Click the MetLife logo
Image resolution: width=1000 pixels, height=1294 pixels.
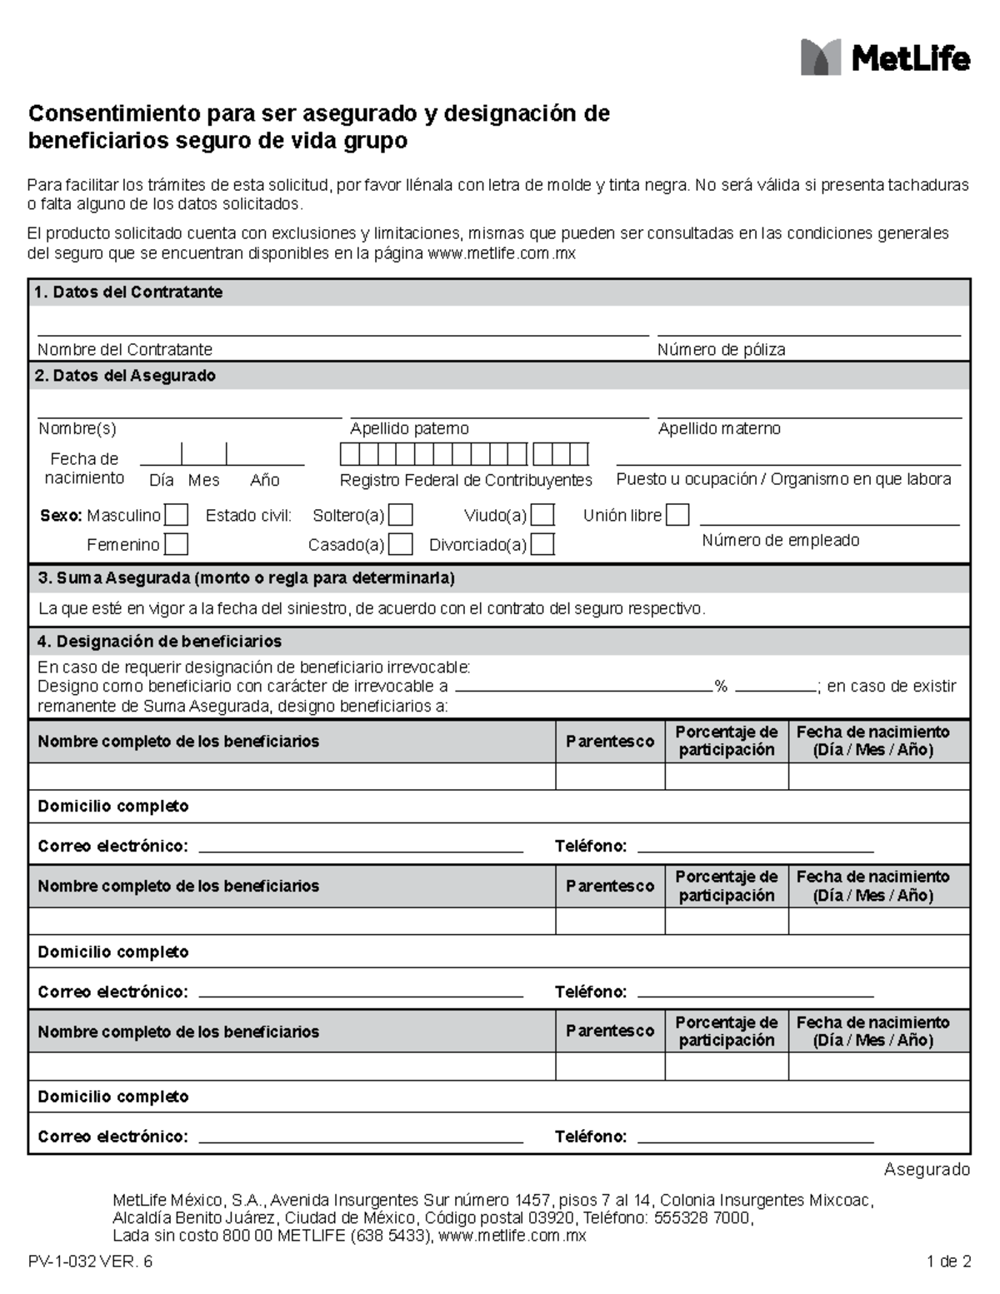pos(885,57)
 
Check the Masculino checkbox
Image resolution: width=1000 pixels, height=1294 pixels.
pos(176,516)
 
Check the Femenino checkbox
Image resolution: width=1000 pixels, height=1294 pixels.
pos(176,545)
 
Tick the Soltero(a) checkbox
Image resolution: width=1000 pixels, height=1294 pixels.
pos(401,516)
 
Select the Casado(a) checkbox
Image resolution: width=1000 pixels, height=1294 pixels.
pos(401,545)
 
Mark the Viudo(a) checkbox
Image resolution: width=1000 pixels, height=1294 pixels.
pos(542,516)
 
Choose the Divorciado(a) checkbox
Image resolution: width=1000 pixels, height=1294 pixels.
pos(542,545)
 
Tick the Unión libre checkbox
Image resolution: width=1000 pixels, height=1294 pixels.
pos(677,516)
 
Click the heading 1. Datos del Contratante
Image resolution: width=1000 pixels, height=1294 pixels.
pos(128,292)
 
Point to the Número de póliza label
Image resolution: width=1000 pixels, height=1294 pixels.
pos(721,350)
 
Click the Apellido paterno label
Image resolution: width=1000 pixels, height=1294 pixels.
pos(409,429)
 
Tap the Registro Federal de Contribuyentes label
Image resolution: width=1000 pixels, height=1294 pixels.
pos(466,480)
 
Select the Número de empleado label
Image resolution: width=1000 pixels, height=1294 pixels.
pos(780,541)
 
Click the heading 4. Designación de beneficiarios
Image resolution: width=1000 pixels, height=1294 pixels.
pos(158,642)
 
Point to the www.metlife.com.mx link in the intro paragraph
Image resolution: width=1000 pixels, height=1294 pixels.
pos(501,253)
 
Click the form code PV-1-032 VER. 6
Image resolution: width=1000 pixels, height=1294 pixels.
pos(90,1262)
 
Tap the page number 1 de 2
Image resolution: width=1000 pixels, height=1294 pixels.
pos(948,1262)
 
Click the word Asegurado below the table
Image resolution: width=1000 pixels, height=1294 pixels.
pos(927,1170)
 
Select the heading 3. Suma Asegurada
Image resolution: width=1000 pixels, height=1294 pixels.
pos(245,578)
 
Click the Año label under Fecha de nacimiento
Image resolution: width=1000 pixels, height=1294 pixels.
pos(265,481)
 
